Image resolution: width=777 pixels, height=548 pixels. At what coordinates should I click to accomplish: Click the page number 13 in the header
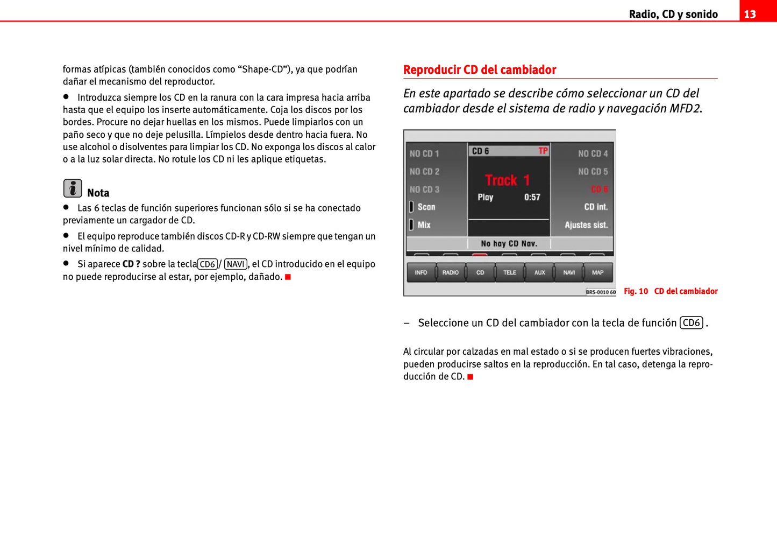(x=750, y=14)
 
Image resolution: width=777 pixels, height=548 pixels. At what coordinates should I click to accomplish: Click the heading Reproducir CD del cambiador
(x=479, y=70)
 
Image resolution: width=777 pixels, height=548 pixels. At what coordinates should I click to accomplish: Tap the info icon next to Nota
(x=73, y=188)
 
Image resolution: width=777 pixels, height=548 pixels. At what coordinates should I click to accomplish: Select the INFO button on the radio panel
(x=421, y=272)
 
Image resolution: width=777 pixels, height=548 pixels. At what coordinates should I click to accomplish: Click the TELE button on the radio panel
(x=510, y=272)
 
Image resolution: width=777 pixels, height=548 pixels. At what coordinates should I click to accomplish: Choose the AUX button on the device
(x=539, y=272)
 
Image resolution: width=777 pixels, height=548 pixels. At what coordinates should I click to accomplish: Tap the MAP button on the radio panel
(x=598, y=272)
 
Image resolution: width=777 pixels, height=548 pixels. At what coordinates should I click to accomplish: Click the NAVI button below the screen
(x=569, y=272)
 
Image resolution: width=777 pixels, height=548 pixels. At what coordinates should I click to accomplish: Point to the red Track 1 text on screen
(x=507, y=180)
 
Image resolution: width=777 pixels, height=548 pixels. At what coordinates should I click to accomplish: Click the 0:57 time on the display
(x=532, y=198)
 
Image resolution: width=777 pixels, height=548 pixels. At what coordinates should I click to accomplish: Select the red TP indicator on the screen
(x=543, y=151)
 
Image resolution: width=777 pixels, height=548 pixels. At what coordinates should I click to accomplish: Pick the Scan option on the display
(x=426, y=207)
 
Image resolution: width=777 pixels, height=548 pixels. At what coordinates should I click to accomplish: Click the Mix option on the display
(x=424, y=225)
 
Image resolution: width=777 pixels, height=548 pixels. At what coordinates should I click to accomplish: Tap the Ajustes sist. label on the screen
(x=586, y=225)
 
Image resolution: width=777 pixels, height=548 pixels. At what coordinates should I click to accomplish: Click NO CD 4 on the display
(x=593, y=154)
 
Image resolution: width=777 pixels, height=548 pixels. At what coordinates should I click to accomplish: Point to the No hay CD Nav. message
(x=509, y=244)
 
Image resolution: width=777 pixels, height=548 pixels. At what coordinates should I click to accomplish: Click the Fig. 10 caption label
(x=636, y=291)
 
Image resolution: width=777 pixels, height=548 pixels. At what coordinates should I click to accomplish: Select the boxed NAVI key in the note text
(x=236, y=264)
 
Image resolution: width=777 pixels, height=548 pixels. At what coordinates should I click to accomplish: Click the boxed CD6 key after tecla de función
(x=691, y=323)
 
